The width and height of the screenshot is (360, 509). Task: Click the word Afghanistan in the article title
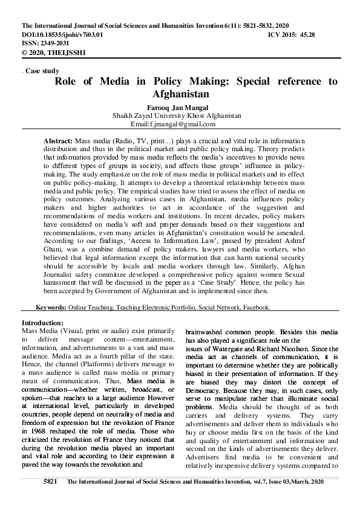coord(179,94)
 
